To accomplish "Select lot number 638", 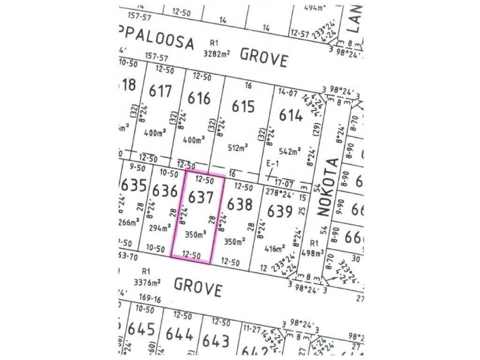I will point(239,205).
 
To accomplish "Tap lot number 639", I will point(280,212).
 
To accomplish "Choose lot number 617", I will point(161,91).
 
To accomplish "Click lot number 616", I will point(199,98).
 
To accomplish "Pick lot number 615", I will point(243,106).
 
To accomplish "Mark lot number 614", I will point(290,115).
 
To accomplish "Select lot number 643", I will point(216,340).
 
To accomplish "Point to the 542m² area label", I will point(289,152).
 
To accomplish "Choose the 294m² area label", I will point(159,228).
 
